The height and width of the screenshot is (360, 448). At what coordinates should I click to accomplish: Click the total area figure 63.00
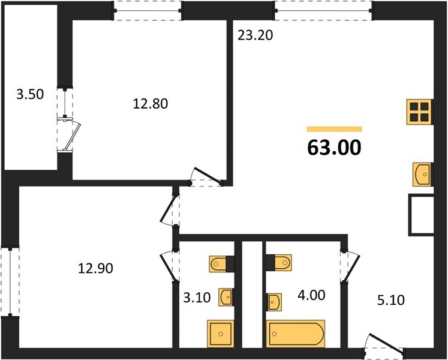click(334, 148)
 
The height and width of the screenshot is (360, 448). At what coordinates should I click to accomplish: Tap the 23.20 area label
click(255, 35)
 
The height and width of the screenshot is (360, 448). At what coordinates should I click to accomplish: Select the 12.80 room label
click(151, 104)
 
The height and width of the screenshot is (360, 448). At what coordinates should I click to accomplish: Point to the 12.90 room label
click(95, 268)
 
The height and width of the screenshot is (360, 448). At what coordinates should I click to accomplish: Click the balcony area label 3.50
click(30, 94)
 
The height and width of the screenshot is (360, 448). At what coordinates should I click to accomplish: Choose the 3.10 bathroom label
click(197, 298)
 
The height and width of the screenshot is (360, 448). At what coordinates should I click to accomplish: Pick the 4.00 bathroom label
click(311, 295)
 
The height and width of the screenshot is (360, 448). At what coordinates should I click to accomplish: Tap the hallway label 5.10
click(391, 300)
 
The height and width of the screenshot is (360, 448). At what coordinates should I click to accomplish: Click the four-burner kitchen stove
click(419, 112)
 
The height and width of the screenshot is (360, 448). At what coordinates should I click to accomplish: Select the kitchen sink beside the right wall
click(422, 174)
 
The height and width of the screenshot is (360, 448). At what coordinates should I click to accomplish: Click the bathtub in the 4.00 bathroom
click(296, 334)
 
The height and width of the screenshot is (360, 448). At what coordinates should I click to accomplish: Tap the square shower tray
click(221, 334)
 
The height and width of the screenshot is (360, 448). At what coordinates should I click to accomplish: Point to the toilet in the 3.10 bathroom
click(222, 263)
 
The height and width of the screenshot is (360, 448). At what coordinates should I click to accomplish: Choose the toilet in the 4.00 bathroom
click(279, 262)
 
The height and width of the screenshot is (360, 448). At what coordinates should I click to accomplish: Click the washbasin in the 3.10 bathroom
click(226, 297)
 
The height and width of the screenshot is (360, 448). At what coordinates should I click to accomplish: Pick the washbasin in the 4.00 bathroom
click(274, 302)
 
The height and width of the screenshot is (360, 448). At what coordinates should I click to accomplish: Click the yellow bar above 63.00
click(334, 129)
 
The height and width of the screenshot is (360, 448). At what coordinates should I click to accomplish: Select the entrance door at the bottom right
click(384, 344)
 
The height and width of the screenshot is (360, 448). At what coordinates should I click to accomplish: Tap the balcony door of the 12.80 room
click(69, 134)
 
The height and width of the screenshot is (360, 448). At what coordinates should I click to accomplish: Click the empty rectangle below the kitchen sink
click(421, 215)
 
